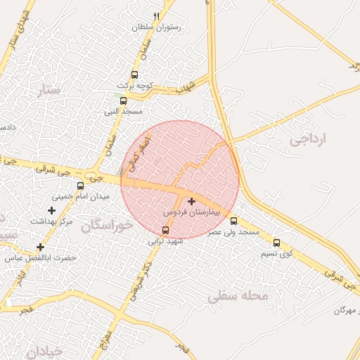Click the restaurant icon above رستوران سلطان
click(x=156, y=16)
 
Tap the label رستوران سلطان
click(x=156, y=27)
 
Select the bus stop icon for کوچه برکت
click(x=134, y=75)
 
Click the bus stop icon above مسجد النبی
click(x=124, y=101)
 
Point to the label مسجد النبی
click(x=124, y=112)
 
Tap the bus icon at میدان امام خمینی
click(x=80, y=186)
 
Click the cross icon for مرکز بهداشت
click(x=51, y=210)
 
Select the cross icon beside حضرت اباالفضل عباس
click(x=40, y=247)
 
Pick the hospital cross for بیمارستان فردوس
click(x=191, y=201)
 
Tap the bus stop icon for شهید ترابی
click(x=166, y=230)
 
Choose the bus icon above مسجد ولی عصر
click(x=234, y=221)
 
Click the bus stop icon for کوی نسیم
click(x=276, y=243)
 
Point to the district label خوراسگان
click(x=106, y=226)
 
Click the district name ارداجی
click(x=309, y=139)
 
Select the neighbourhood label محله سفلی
click(x=238, y=297)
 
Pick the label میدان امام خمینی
click(x=83, y=197)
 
